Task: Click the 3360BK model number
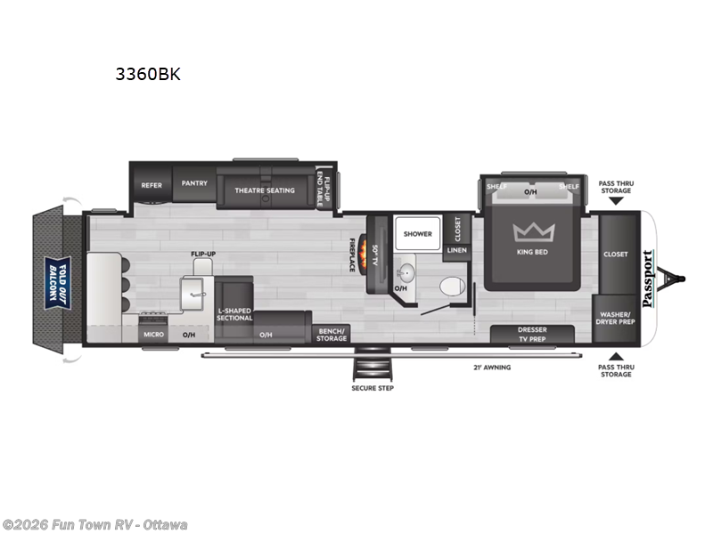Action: point(147,75)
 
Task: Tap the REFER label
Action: point(151,185)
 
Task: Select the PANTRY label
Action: point(194,183)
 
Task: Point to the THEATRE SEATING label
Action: point(265,190)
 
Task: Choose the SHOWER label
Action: point(417,234)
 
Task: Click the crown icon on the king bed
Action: point(533,232)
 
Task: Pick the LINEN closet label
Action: point(456,250)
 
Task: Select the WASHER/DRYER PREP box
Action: point(615,319)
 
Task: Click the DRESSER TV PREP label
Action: point(532,334)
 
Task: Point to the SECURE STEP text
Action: point(372,388)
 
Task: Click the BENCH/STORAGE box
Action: point(332,334)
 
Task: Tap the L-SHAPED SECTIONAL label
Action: point(234,314)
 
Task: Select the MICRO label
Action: point(152,335)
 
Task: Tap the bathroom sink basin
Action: point(406,271)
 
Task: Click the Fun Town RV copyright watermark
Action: point(94,525)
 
